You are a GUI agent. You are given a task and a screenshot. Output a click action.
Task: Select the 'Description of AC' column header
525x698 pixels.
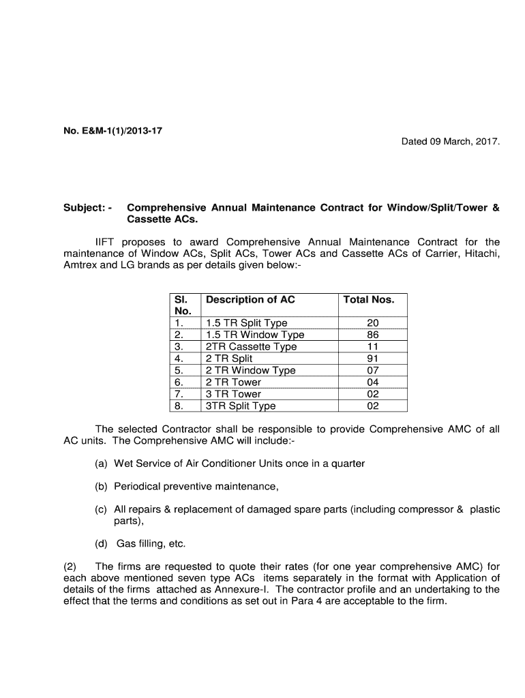click(x=250, y=299)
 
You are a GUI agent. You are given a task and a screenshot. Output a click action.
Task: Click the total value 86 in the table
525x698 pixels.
click(x=372, y=335)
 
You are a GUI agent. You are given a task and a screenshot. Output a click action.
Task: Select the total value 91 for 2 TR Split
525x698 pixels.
click(x=372, y=359)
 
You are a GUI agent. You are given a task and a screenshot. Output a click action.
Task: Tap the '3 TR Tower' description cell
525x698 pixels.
click(x=233, y=394)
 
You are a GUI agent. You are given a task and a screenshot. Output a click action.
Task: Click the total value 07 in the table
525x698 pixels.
click(x=372, y=370)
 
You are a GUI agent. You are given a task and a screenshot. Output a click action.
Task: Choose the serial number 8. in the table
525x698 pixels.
click(x=179, y=406)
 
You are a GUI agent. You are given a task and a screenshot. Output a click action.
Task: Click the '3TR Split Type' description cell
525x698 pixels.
click(x=241, y=406)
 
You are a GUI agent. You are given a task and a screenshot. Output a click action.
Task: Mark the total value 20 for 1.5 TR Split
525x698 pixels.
click(x=372, y=322)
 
